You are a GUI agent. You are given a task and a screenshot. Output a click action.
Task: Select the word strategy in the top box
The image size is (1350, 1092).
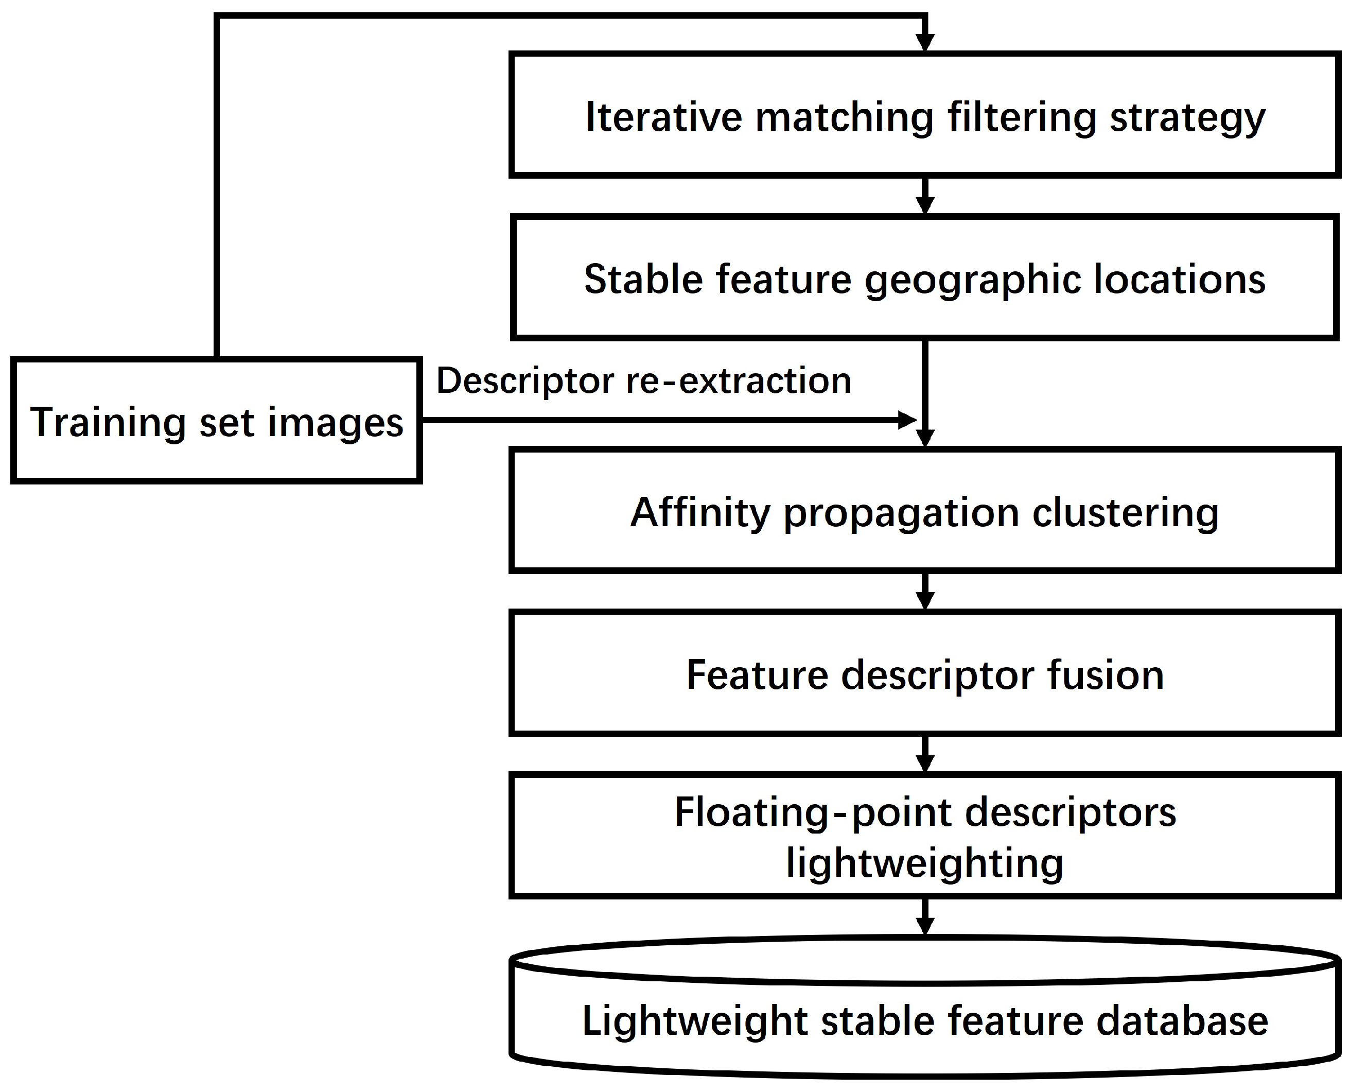[1187, 118]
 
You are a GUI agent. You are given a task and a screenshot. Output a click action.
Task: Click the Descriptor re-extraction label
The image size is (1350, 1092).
[644, 380]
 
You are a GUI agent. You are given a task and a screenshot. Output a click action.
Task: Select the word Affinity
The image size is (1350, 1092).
[700, 513]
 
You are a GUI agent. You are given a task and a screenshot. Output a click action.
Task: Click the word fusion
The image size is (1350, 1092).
[1106, 675]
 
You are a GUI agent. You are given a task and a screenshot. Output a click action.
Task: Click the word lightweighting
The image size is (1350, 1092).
[925, 862]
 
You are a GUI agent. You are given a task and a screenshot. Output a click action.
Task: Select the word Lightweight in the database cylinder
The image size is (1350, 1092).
[695, 1021]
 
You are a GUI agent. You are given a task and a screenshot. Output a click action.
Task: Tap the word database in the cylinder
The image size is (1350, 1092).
[1182, 1021]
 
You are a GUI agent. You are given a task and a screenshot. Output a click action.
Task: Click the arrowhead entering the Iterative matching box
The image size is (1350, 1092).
[924, 42]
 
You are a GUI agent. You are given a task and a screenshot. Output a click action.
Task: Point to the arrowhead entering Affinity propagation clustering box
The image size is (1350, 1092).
[924, 437]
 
